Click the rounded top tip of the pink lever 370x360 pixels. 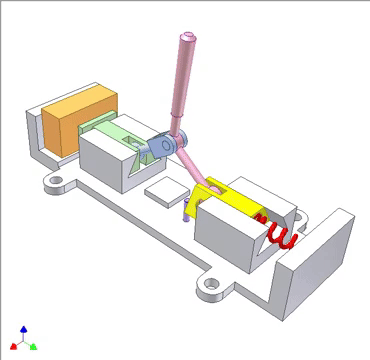[x=186, y=41]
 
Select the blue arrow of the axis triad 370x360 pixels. [x=24, y=328]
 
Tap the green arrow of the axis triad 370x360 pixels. [x=34, y=346]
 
